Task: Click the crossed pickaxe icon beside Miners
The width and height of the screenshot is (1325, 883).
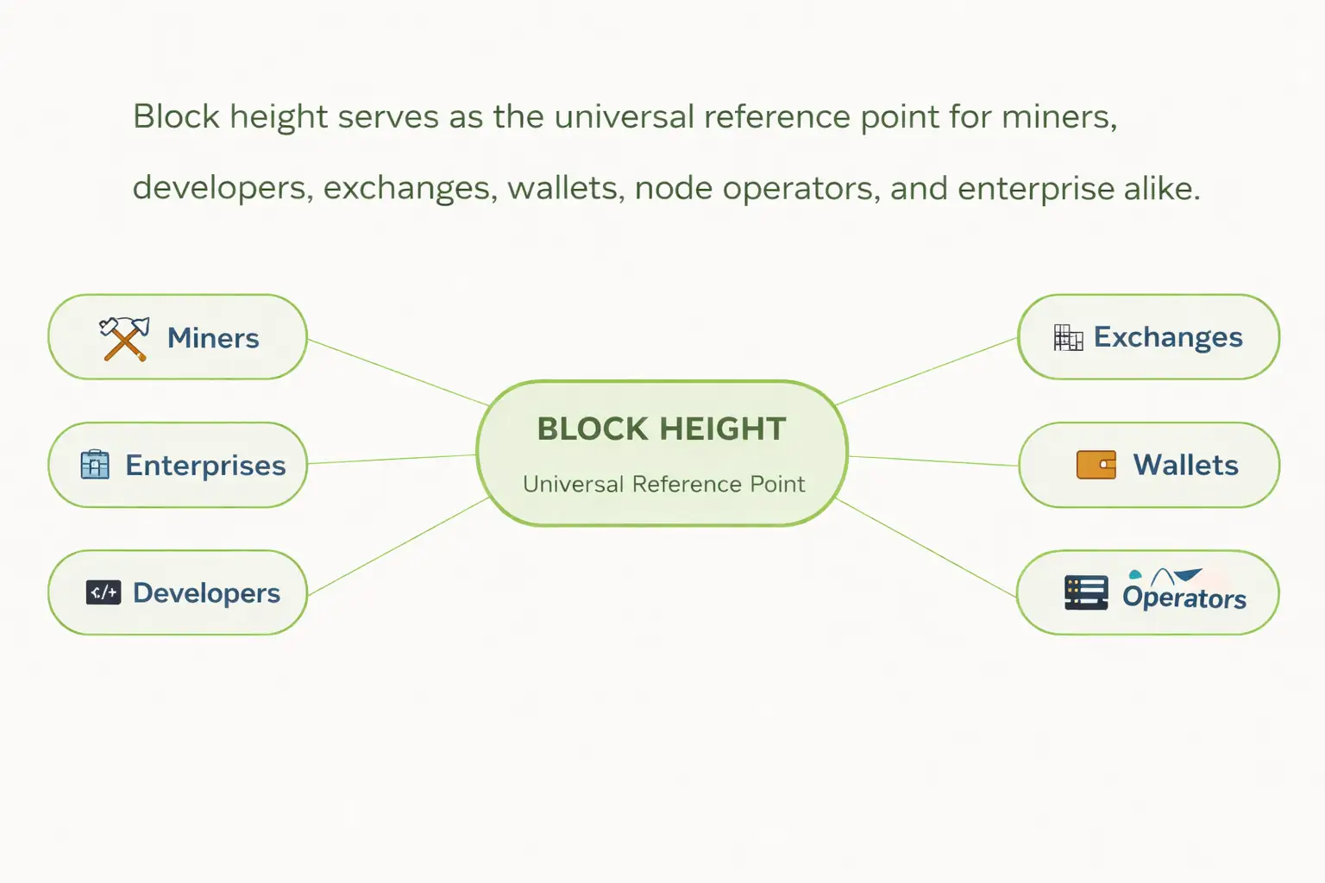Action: click(124, 338)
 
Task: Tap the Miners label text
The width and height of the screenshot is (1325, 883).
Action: click(213, 338)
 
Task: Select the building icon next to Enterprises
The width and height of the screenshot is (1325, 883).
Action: click(95, 465)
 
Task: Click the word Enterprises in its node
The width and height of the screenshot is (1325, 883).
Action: click(205, 466)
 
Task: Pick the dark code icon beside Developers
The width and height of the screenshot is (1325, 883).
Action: click(104, 592)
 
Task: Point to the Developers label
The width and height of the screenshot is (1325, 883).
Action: click(207, 593)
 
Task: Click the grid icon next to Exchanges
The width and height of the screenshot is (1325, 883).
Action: click(1068, 338)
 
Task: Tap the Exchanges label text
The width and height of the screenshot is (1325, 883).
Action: click(1168, 337)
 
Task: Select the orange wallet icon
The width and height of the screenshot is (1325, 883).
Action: click(1096, 465)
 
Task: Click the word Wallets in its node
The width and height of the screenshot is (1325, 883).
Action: click(1185, 466)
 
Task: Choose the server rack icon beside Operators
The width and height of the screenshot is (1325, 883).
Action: click(1086, 593)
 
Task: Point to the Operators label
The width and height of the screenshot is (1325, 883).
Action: click(1184, 598)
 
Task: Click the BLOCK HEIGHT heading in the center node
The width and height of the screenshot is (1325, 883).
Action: click(662, 429)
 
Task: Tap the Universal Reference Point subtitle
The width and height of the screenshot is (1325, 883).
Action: click(663, 484)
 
